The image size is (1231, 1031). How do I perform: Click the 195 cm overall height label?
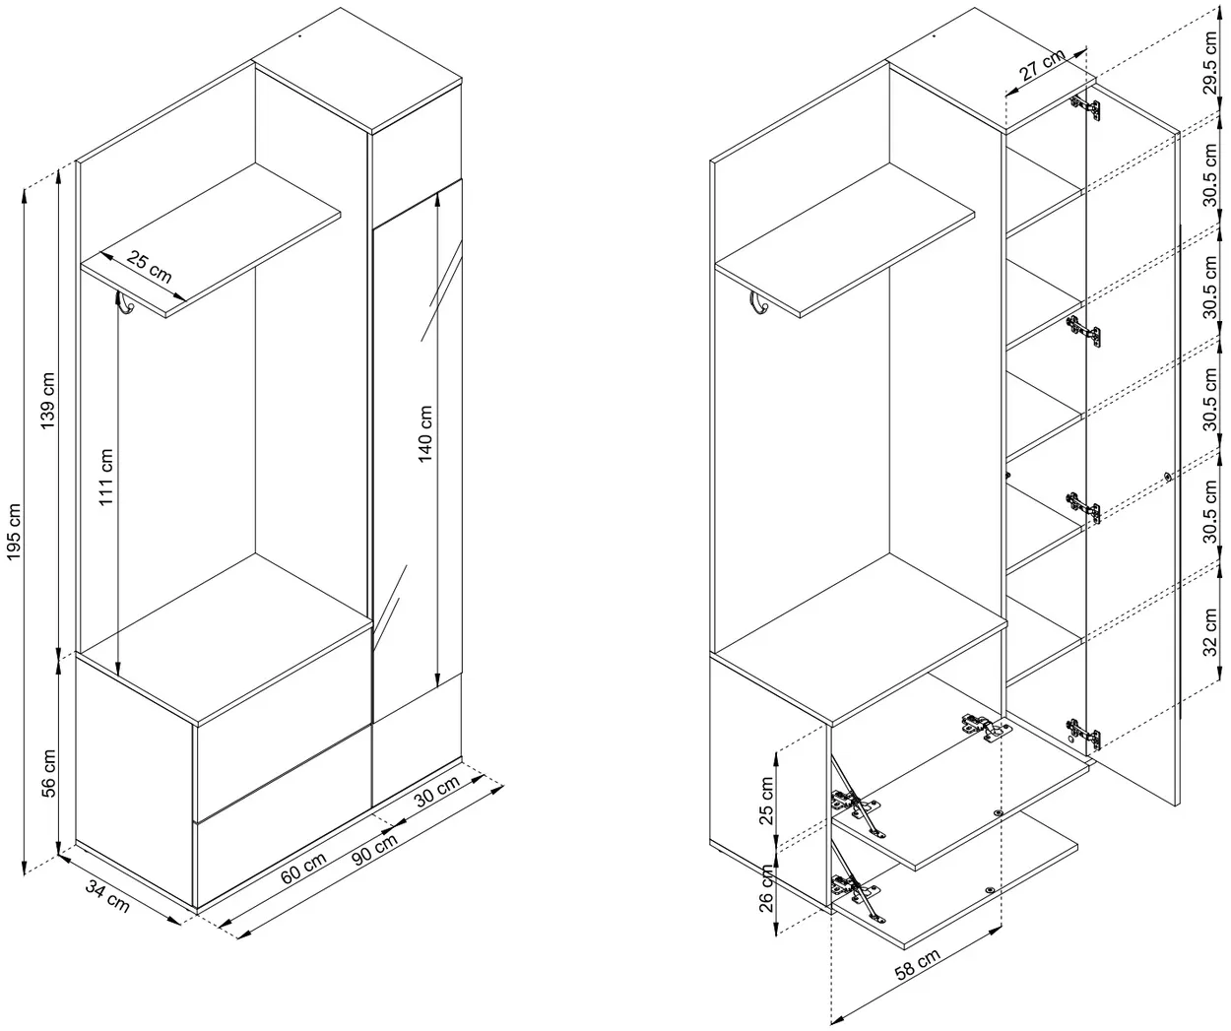14,531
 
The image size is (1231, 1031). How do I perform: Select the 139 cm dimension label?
47,401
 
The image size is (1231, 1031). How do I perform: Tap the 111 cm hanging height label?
105,477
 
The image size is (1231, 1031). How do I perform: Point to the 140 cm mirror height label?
425,434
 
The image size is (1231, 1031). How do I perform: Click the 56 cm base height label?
48,773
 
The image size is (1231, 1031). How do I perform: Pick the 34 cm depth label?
107,897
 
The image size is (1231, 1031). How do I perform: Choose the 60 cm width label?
303,868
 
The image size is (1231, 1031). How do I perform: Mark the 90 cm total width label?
374,849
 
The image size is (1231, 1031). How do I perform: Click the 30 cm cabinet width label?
437,792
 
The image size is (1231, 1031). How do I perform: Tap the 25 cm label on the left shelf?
149,268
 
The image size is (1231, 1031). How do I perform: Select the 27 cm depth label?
1042,64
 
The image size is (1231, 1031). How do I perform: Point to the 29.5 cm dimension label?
1210,62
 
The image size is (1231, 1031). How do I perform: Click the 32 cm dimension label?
1210,632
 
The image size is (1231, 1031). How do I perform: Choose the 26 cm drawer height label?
766,889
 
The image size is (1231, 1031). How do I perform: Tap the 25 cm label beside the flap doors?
766,801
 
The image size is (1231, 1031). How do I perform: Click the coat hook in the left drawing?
125,302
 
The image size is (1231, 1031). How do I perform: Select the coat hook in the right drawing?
758,302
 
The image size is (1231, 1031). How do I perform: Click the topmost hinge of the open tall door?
1086,108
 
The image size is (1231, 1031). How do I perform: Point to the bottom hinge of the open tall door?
1083,734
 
